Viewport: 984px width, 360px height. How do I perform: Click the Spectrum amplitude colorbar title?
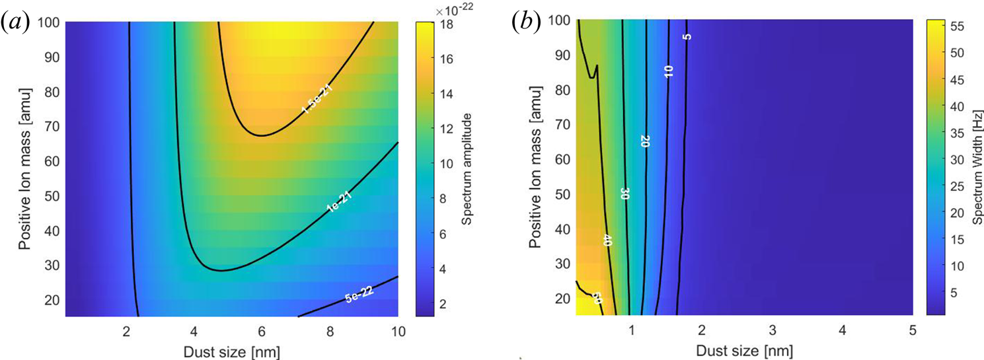(x=466, y=168)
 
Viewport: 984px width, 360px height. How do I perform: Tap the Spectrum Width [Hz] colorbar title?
(x=977, y=168)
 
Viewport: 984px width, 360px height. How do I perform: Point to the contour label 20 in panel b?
(x=645, y=141)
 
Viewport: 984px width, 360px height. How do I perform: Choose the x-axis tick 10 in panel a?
(x=397, y=329)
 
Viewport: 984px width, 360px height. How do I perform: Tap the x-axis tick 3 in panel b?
(x=773, y=329)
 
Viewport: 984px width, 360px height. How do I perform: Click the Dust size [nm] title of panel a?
(x=230, y=348)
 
